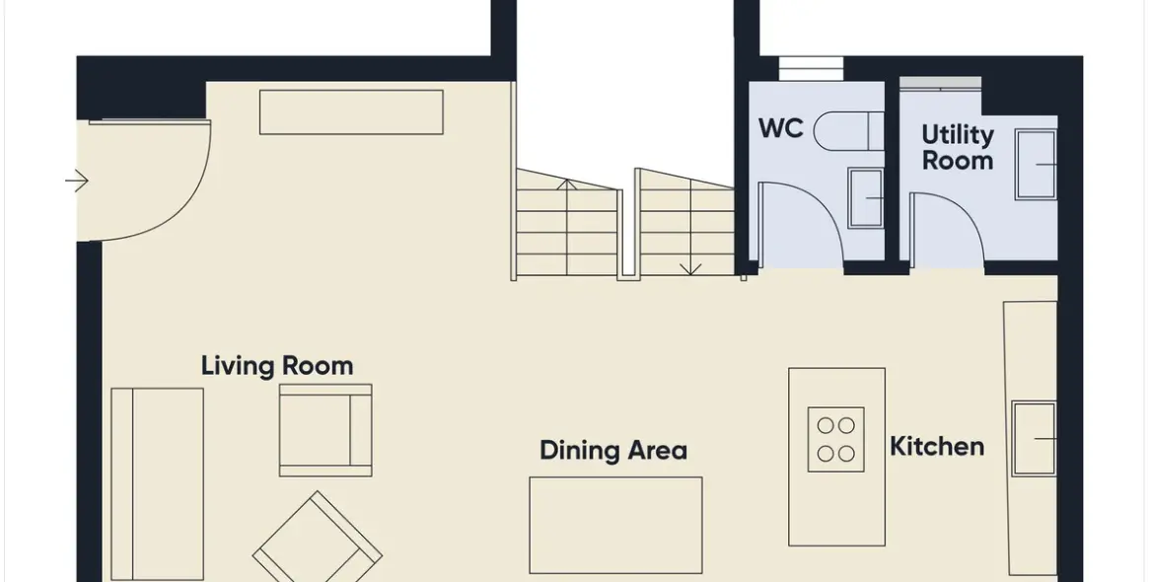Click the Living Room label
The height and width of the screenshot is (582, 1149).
277,366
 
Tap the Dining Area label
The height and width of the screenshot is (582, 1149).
613,450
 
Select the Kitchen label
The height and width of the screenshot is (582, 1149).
937,446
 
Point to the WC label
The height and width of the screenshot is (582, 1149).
781,128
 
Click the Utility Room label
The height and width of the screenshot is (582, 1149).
957,147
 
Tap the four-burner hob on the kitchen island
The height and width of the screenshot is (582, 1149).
836,439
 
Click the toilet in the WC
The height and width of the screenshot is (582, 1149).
848,131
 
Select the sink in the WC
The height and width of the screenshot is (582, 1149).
865,198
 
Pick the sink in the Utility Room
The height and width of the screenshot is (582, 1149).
1036,164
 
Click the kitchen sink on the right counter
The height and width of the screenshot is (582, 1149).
1034,438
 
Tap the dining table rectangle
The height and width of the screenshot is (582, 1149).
615,525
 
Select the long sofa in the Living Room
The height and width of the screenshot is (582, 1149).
157,483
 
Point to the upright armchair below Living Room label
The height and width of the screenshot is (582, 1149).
325,430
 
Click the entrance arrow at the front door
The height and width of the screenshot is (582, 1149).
76,181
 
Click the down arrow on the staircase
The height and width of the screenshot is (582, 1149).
689,268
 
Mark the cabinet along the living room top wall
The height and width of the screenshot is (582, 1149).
351,112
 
